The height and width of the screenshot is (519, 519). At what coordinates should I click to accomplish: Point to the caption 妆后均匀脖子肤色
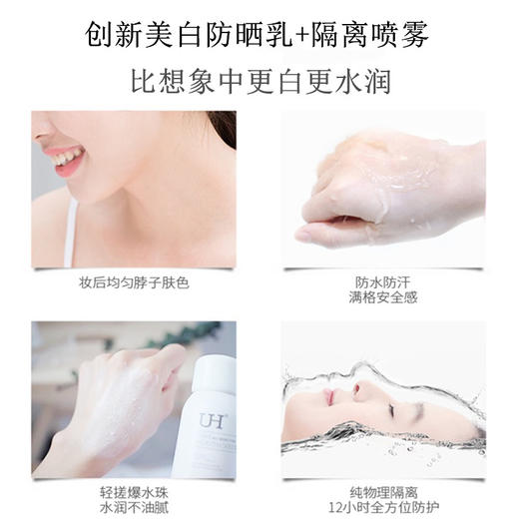coord(134,281)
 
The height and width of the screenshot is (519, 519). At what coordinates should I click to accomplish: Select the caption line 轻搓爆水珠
coord(134,486)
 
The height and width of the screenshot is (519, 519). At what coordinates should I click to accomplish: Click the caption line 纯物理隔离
coord(383,486)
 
